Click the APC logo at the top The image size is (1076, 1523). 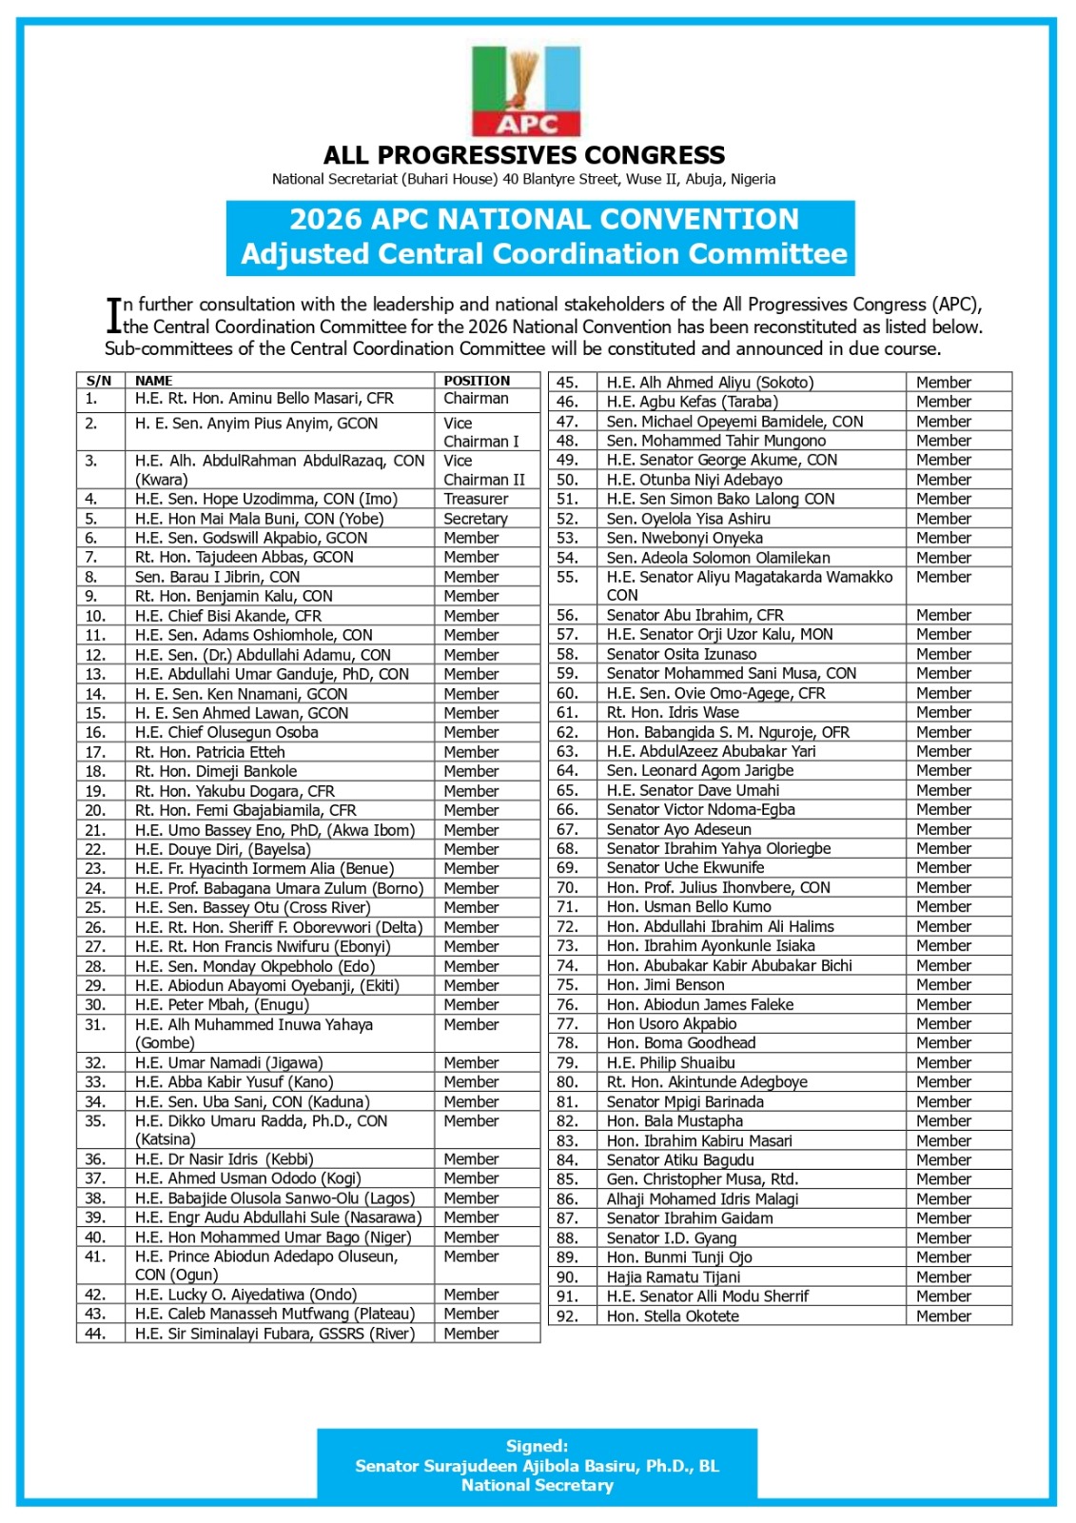point(526,92)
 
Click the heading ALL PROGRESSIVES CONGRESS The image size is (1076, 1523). point(524,155)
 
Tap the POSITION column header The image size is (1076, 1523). point(477,381)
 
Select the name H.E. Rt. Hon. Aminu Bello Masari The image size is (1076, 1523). point(264,399)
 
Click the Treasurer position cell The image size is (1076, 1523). point(476,499)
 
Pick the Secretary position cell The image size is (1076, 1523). point(476,519)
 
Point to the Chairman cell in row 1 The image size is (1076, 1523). point(476,399)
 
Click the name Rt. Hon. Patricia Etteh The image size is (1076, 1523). point(209,752)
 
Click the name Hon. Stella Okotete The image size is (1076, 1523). point(673,1316)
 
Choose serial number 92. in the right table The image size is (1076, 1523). point(567,1316)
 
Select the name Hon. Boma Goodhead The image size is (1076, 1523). point(681,1043)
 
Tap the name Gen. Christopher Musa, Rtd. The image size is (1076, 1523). point(702,1179)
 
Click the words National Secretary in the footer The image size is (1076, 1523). point(538,1486)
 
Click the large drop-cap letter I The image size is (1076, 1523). point(113,315)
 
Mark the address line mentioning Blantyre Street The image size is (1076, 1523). point(523,179)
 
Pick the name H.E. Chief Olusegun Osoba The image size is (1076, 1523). point(226,733)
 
